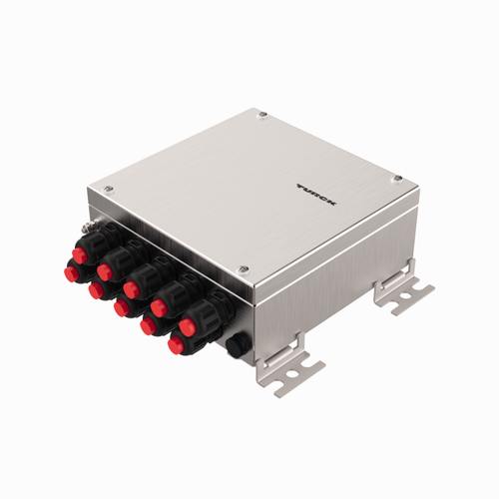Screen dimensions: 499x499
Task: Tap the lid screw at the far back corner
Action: pos(262,116)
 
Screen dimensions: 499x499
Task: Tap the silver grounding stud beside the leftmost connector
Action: pos(87,232)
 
